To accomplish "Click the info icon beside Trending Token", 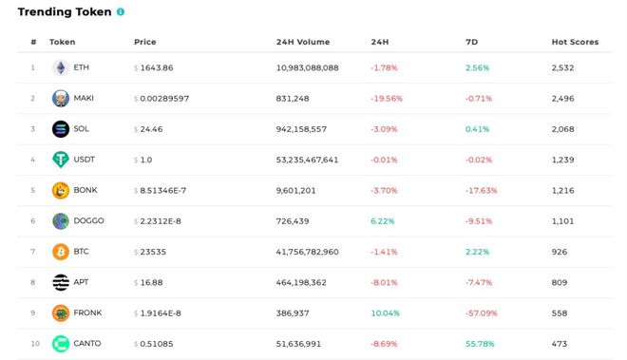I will (120, 12).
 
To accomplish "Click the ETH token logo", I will (60, 67).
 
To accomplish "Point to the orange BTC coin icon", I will (60, 252).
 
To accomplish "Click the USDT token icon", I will (60, 160).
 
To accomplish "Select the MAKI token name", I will (84, 98).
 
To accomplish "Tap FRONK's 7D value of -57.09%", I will (482, 313).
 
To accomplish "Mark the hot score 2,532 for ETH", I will (563, 67).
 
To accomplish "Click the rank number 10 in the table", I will (33, 344).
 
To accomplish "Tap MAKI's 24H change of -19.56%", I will (386, 98).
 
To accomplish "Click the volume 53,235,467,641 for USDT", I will (307, 160).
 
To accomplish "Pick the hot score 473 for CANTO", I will (560, 344).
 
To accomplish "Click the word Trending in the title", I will (42, 12).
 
